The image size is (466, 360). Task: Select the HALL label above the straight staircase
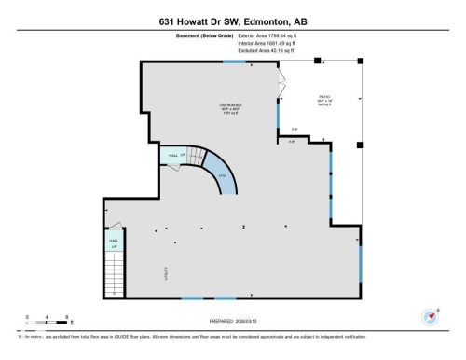[115, 242]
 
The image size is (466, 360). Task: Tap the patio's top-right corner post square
[360, 61]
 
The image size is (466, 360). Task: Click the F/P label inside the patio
[293, 130]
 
